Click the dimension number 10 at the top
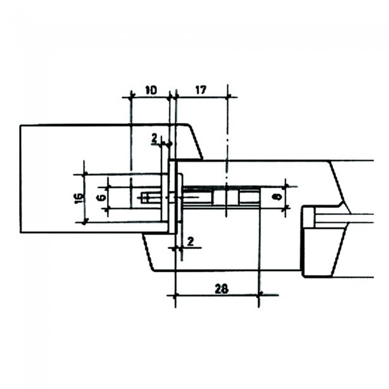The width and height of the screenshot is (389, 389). click(150, 90)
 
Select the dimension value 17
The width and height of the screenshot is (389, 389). click(200, 90)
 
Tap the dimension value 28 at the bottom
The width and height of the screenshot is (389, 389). click(221, 288)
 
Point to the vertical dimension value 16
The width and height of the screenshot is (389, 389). click(79, 197)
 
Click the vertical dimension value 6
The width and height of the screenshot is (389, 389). click(101, 196)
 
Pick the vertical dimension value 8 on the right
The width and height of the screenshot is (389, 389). click(276, 196)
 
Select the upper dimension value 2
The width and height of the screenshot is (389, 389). click(154, 139)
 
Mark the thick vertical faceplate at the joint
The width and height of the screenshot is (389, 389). click(172, 197)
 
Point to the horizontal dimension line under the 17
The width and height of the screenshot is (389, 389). click(200, 96)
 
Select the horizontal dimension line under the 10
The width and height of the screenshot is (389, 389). click(150, 96)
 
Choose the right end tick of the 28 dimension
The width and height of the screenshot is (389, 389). click(260, 294)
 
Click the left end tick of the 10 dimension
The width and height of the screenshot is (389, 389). click(130, 96)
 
